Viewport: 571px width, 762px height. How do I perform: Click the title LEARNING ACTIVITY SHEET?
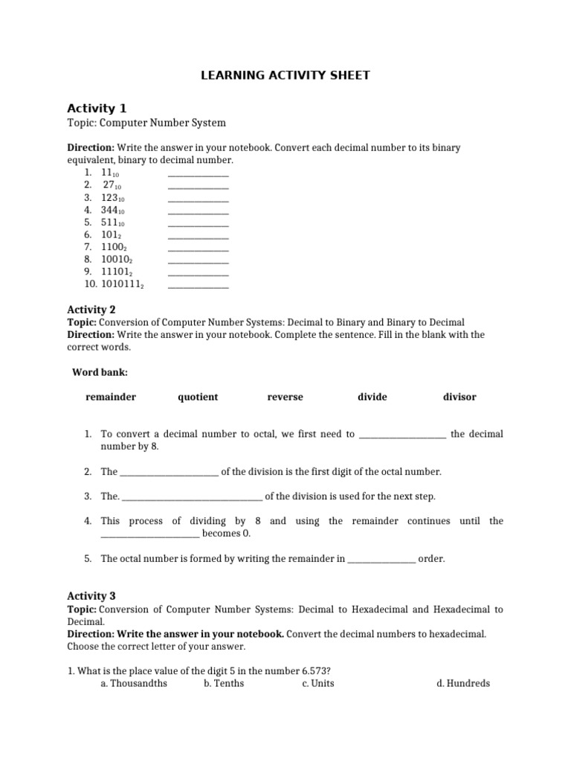point(285,75)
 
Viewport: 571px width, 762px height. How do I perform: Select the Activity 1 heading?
point(91,108)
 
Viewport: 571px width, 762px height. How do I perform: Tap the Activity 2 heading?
point(91,309)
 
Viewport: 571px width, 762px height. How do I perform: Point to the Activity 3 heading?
point(91,595)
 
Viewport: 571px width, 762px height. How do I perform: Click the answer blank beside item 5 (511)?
point(199,222)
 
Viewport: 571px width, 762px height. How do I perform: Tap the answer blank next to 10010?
point(199,260)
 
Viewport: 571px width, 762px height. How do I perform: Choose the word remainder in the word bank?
point(111,397)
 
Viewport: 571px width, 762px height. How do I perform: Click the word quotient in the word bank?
point(198,397)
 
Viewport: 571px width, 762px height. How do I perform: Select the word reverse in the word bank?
point(285,397)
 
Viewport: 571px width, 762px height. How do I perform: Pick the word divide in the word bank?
point(372,397)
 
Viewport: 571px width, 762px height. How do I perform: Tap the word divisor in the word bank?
point(459,397)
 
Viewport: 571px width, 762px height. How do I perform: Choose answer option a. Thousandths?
point(134,683)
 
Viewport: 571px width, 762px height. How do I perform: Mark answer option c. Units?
point(318,683)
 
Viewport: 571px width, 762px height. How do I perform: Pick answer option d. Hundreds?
point(463,683)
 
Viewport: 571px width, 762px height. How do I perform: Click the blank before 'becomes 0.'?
point(149,534)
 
